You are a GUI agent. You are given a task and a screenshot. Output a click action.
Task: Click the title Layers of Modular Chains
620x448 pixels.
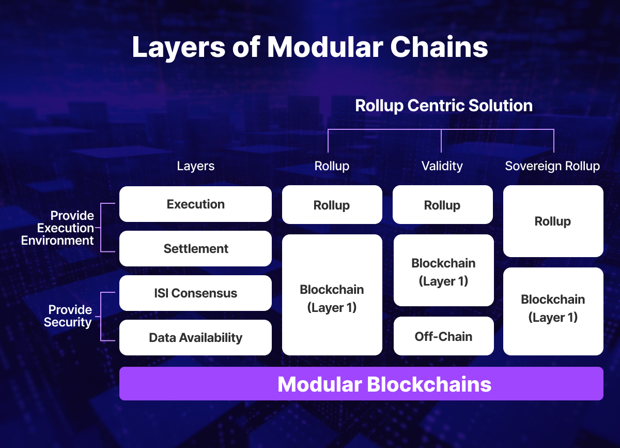pyautogui.click(x=310, y=48)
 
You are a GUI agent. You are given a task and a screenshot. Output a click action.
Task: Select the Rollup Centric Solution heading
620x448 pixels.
pyautogui.click(x=443, y=106)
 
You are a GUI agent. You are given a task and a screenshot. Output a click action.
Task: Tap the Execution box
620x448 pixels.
pyautogui.click(x=195, y=204)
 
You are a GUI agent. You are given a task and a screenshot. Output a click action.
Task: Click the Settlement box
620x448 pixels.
pyautogui.click(x=195, y=249)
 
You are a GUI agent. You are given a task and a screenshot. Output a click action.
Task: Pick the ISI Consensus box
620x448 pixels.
pyautogui.click(x=195, y=293)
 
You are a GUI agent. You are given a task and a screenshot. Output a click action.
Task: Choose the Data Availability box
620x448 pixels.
pyautogui.click(x=195, y=338)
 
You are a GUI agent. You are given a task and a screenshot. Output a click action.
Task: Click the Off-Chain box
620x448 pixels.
pyautogui.click(x=443, y=337)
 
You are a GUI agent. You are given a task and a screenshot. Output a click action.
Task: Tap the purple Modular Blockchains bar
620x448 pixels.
pyautogui.click(x=361, y=384)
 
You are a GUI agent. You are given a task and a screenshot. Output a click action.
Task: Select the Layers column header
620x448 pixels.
pyautogui.click(x=195, y=166)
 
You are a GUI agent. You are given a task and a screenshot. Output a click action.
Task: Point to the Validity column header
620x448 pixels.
pyautogui.click(x=442, y=166)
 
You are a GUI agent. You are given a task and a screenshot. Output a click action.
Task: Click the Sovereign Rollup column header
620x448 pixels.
pyautogui.click(x=552, y=166)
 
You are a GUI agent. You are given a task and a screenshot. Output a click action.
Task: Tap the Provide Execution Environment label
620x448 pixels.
pyautogui.click(x=58, y=228)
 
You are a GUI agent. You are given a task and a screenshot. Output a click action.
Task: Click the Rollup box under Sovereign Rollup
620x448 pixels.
pyautogui.click(x=553, y=221)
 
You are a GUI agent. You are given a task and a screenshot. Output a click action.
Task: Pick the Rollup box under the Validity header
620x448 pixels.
pyautogui.click(x=442, y=205)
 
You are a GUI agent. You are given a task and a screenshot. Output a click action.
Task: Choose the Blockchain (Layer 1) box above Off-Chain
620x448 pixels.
pyautogui.click(x=443, y=271)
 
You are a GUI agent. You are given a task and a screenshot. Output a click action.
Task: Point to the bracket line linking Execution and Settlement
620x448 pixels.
pyautogui.click(x=101, y=228)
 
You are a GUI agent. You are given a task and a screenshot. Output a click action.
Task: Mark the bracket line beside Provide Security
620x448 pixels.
pyautogui.click(x=101, y=316)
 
